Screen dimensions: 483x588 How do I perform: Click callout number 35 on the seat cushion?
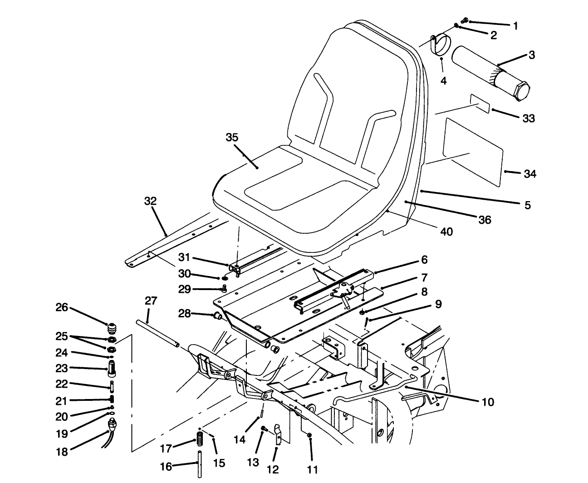point(232,138)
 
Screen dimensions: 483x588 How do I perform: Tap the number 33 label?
point(529,118)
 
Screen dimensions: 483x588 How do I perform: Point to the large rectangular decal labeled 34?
point(474,151)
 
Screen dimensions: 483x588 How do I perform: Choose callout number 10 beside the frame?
point(488,402)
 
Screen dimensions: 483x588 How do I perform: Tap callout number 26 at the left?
point(62,307)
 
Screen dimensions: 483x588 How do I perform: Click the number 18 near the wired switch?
point(62,452)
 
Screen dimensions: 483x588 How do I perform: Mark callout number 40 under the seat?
point(446,232)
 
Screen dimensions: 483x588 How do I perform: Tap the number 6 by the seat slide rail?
point(424,260)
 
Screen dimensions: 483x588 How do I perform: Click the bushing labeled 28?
point(216,315)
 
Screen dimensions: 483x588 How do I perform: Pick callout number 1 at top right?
point(515,25)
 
